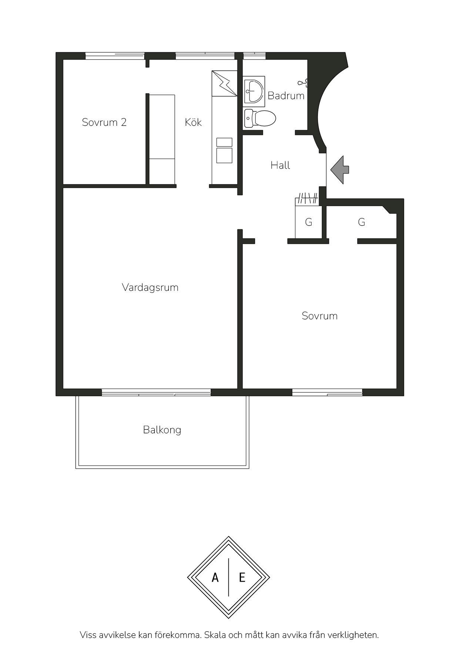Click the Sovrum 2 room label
104,122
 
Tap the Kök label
193,122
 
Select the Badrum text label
286,95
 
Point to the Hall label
280,165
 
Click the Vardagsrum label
150,287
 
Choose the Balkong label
162,430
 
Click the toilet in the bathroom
260,118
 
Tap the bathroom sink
254,91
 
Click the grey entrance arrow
339,170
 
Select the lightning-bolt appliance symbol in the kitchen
224,83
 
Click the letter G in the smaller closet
309,222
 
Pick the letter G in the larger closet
362,222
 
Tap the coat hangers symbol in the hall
307,198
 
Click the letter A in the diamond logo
215,578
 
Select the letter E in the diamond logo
242,578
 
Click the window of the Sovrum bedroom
327,392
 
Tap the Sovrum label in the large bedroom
319,316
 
